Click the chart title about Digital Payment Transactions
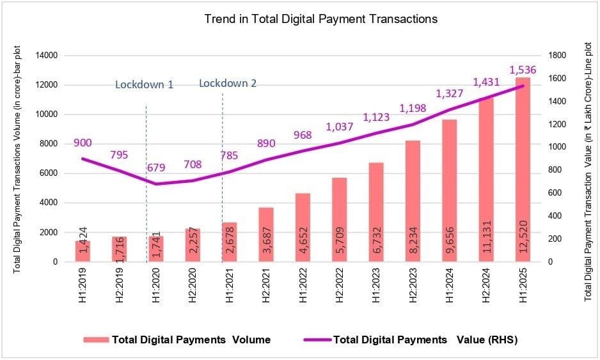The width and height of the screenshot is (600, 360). [320, 19]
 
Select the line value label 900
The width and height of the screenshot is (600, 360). [84, 143]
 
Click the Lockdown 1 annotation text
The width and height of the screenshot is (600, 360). [144, 84]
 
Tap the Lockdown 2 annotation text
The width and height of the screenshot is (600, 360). [228, 83]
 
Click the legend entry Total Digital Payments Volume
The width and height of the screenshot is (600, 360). [191, 340]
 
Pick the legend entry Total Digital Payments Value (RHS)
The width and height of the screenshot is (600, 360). [425, 340]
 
